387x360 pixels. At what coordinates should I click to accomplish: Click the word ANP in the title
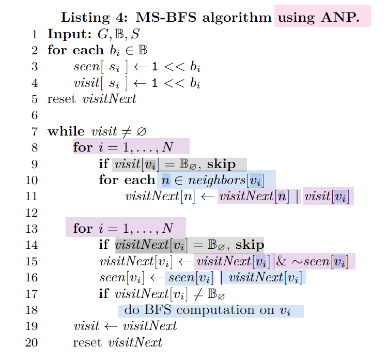coord(340,17)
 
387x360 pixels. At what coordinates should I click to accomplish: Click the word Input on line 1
coord(69,34)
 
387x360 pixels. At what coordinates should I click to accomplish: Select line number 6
coord(35,115)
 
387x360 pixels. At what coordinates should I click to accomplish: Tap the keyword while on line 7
coord(66,131)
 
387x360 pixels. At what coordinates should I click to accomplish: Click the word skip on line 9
coord(221,164)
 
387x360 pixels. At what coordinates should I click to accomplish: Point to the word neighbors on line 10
coord(216,180)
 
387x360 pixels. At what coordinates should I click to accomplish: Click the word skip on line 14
coord(250,245)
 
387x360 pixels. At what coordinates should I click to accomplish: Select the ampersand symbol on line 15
coord(281,261)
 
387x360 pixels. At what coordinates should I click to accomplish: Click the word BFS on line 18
coord(158,310)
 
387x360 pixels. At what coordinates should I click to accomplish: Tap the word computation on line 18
coord(215,310)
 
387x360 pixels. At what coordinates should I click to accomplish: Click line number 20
coord(32,343)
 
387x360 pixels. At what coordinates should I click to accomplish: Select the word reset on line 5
coord(61,99)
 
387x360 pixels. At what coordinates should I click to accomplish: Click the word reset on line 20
coord(87,343)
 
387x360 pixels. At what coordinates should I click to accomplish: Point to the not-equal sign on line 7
coord(127,131)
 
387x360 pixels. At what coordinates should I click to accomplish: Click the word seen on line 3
coord(86,67)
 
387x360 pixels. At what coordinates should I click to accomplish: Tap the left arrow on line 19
coord(111,327)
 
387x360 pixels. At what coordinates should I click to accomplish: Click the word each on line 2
coord(88,50)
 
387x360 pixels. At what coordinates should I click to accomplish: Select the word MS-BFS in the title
coord(166,17)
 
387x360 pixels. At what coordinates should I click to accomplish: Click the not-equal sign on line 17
coord(197,294)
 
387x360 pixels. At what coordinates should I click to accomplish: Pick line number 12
coord(32,213)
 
